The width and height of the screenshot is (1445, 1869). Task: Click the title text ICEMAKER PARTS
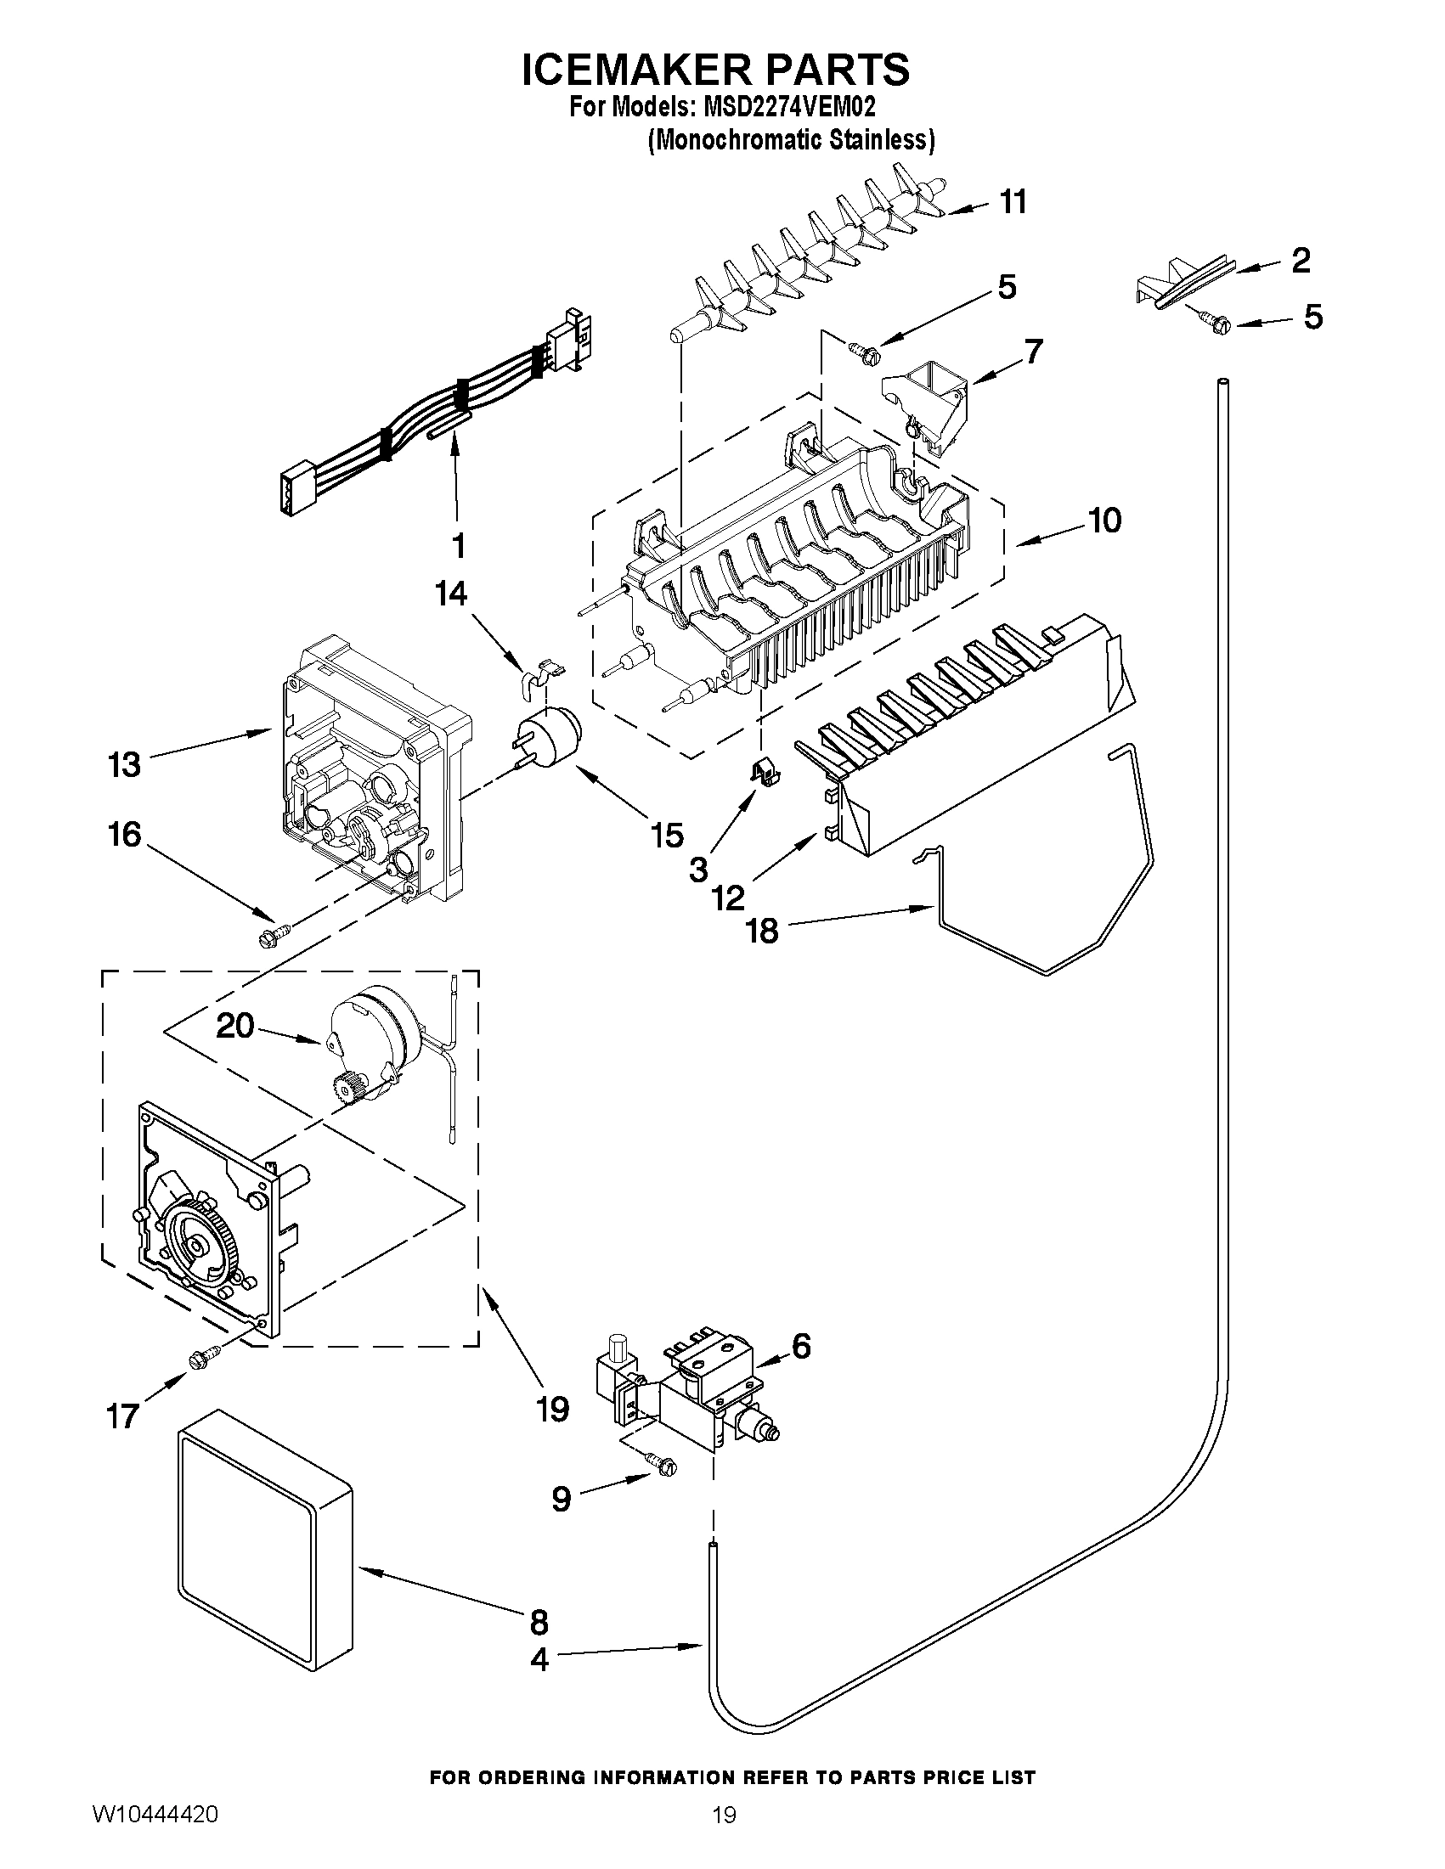coord(715,70)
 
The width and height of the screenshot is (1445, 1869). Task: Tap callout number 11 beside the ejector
coord(1013,202)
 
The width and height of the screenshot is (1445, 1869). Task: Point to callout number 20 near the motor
coord(234,1024)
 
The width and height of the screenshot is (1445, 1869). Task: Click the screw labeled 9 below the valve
coord(663,1464)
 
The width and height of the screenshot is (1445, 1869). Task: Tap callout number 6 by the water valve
coord(800,1347)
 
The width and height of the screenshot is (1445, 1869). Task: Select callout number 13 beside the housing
coord(124,764)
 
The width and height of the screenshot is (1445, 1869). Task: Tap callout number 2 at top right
coord(1300,259)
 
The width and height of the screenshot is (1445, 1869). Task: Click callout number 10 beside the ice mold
coord(1105,520)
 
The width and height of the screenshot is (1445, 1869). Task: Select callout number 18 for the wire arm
coord(762,930)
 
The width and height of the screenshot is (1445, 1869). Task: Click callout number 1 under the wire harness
coord(458,544)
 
